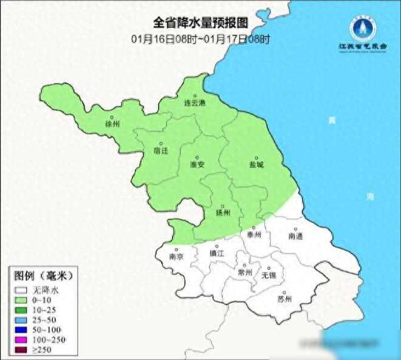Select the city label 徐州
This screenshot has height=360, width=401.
112,124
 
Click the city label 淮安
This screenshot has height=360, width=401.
197,165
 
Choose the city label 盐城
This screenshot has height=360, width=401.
256,165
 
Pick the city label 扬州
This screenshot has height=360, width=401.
224,213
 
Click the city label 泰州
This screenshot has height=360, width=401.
254,234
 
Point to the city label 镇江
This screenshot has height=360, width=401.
217,253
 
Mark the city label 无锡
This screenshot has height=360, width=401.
268,274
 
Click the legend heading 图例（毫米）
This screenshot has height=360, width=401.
43,275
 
